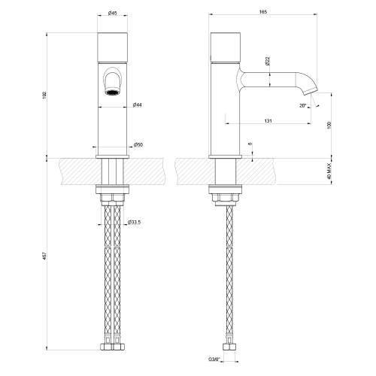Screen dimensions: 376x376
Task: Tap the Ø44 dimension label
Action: click(137, 105)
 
